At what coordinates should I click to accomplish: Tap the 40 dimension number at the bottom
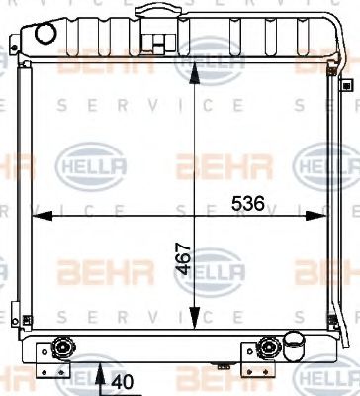coord(124,381)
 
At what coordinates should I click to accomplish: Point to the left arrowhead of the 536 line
coord(38,213)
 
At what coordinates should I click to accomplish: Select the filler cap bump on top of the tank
coord(153,11)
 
